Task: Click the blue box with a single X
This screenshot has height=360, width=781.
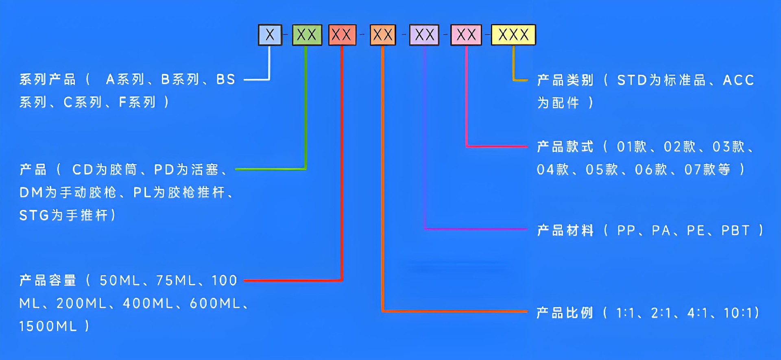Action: click(270, 35)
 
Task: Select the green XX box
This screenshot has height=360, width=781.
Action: click(307, 35)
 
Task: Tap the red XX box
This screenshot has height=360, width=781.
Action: click(342, 35)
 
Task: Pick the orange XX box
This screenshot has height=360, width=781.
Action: click(383, 35)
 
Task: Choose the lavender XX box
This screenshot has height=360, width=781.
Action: click(424, 35)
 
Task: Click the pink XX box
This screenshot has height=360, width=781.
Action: click(466, 35)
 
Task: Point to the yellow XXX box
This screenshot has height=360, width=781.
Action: click(513, 35)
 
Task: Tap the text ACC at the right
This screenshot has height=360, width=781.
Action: click(738, 80)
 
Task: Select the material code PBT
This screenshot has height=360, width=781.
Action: click(735, 231)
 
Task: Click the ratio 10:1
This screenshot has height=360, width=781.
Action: click(738, 313)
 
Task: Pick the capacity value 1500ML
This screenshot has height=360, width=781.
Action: click(48, 326)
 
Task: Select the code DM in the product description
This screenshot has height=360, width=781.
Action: click(31, 192)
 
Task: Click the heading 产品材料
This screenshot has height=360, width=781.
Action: click(565, 231)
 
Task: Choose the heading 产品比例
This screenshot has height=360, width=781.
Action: click(565, 313)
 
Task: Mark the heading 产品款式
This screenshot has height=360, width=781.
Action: click(565, 146)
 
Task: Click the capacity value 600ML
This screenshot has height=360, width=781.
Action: click(215, 303)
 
